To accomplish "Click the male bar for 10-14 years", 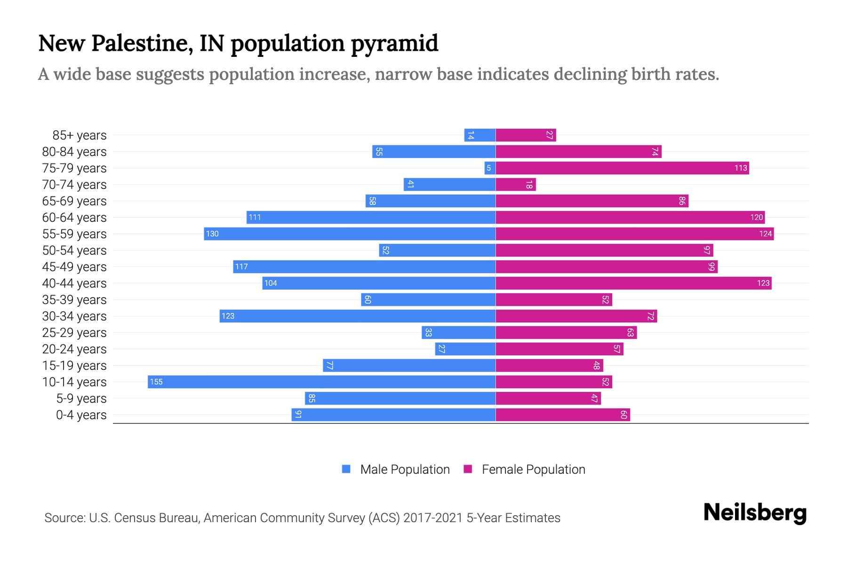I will [x=321, y=382].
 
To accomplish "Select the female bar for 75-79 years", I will [x=622, y=168].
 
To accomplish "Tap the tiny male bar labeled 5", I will [x=489, y=168].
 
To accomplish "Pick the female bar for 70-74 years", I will [x=516, y=184].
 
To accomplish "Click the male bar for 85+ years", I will [x=479, y=135].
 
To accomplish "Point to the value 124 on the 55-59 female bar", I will [x=765, y=234].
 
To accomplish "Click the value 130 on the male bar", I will [x=212, y=234].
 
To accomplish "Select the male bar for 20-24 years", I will [x=465, y=349].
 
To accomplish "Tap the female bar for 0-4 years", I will [x=563, y=415].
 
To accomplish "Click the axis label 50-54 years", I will [x=74, y=250].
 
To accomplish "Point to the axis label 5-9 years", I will [x=81, y=398].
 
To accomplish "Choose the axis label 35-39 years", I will [x=74, y=299].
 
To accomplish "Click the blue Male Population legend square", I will [x=346, y=469].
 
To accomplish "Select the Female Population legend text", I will [x=533, y=469].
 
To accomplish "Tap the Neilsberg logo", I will [x=755, y=512].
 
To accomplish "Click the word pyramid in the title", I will [x=394, y=44].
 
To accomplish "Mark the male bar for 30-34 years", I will [x=357, y=316].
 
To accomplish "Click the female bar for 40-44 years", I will [x=633, y=283].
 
